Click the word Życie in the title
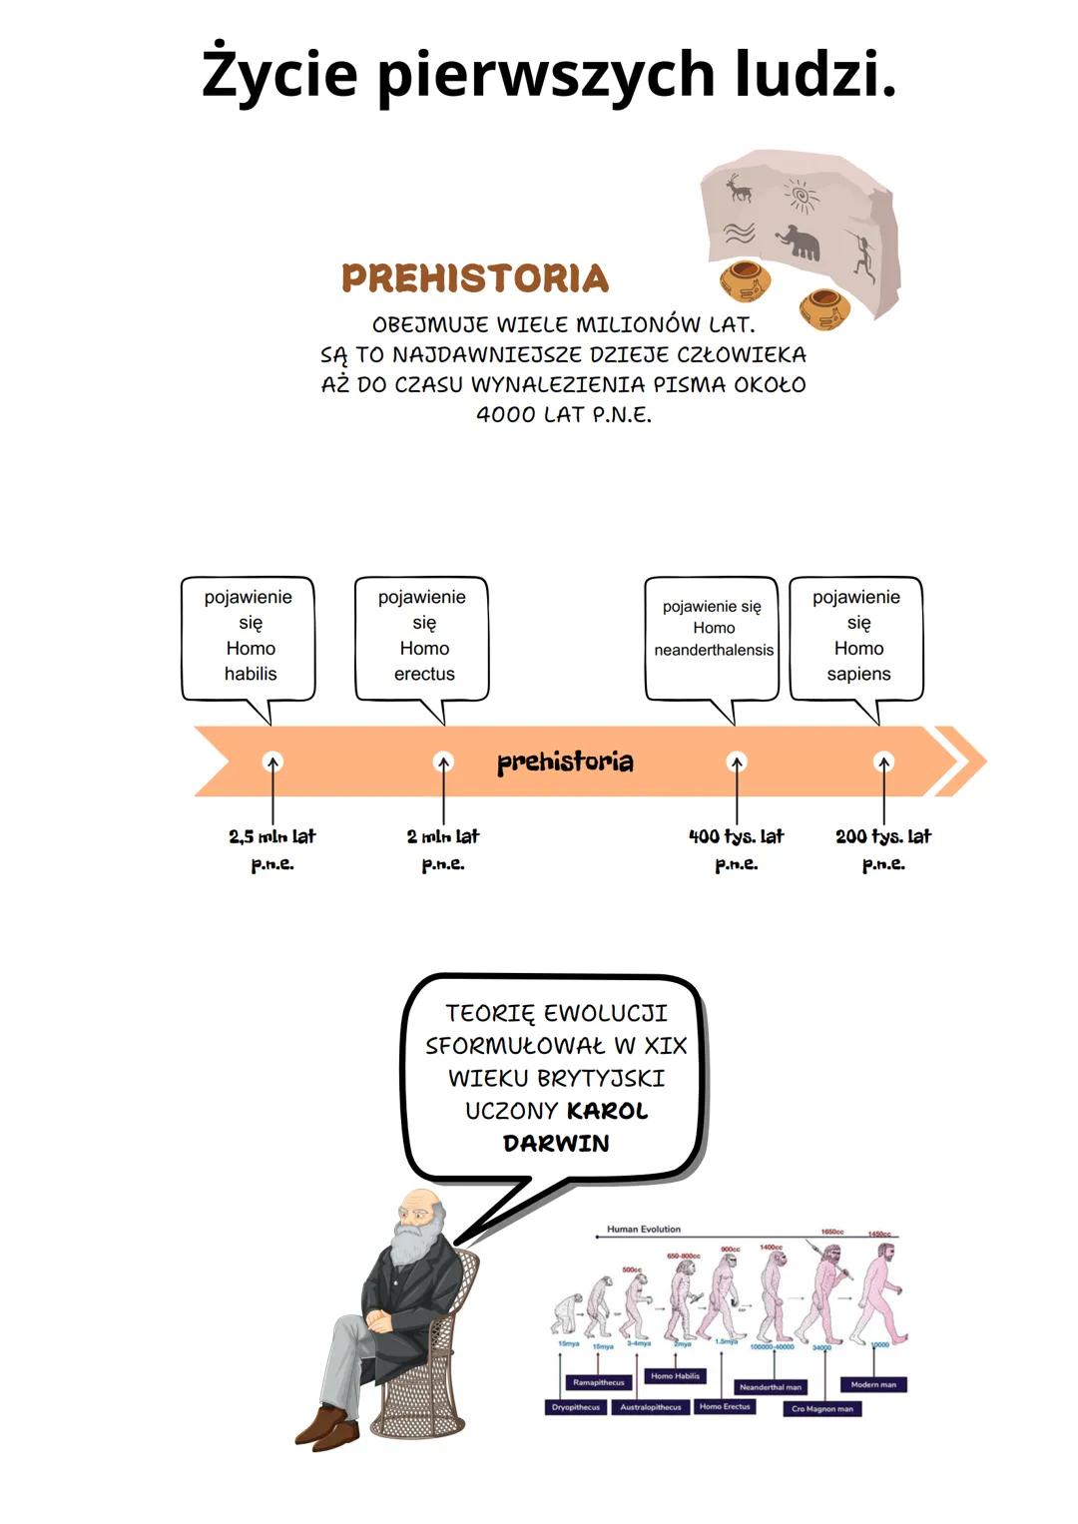tap(278, 74)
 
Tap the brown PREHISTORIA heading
tap(475, 278)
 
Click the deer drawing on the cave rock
tap(738, 188)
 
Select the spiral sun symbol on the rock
tap(801, 195)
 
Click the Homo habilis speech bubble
tap(249, 637)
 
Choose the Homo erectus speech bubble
tap(422, 637)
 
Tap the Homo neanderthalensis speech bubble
tap(713, 637)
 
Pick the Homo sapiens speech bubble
tap(856, 637)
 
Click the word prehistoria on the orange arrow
tap(565, 762)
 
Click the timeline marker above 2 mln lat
tap(443, 762)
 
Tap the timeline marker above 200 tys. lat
tap(883, 762)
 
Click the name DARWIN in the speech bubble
tap(556, 1144)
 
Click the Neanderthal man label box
tap(770, 1387)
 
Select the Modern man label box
tap(873, 1384)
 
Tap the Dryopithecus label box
tap(576, 1407)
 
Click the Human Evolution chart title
tap(644, 1230)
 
